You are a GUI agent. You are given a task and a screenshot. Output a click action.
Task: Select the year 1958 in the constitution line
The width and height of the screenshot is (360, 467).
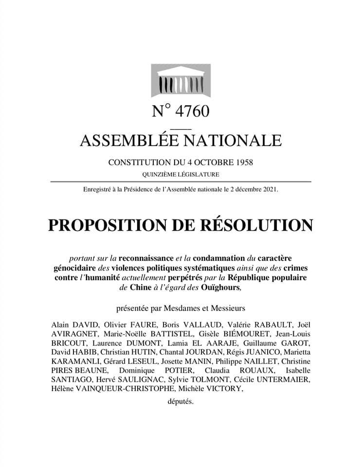[242, 162]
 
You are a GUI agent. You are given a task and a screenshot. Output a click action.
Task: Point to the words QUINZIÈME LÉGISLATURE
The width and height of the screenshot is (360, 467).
[180, 174]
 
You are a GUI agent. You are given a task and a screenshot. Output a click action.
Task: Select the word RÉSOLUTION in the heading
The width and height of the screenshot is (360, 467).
[260, 225]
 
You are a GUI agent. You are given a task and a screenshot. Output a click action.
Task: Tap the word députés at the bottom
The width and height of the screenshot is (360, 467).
[180, 402]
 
